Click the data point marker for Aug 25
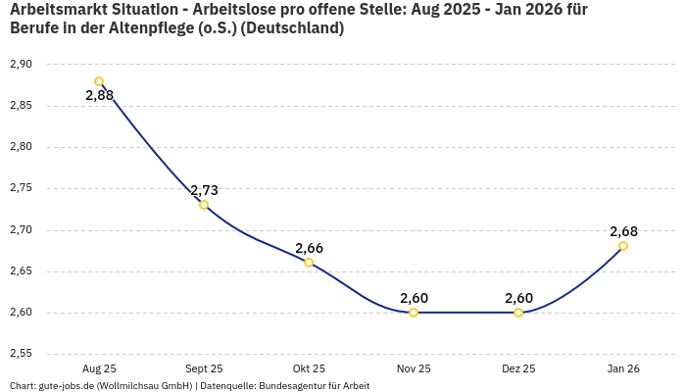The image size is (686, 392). coord(99,81)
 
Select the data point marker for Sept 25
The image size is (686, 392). coord(204,205)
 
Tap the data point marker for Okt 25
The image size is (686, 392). coord(309,263)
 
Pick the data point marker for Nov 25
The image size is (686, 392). coord(414,313)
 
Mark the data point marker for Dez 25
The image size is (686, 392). coord(518,313)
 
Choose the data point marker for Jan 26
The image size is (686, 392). coord(623,246)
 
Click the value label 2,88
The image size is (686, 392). coord(99,96)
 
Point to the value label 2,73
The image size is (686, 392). coord(204,190)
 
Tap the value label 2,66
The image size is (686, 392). coord(309,248)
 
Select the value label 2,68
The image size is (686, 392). coord(623,231)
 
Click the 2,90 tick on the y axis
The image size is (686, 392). coord(21,64)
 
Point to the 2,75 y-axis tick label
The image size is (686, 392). coord(21,188)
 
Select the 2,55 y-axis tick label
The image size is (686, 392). coord(21,354)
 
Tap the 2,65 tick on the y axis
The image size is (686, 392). coord(21,271)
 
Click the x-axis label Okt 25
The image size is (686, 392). coord(309,368)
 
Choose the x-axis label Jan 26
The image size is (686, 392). coord(623,368)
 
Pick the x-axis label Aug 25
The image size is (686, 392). coord(99,368)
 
